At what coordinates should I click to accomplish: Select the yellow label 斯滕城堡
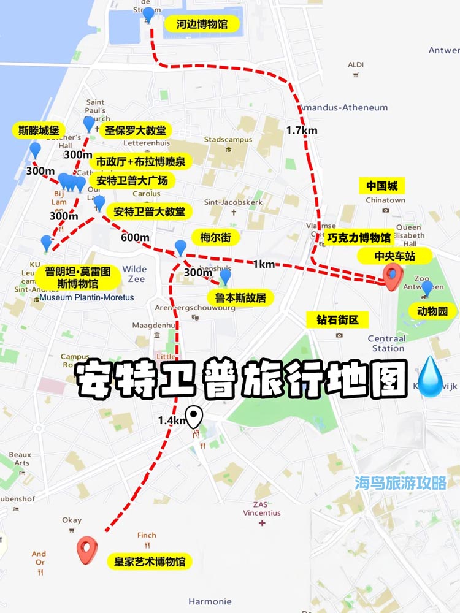[x=39, y=131]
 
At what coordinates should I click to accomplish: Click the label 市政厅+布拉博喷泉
[x=140, y=162]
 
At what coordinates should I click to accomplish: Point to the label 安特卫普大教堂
[x=150, y=212]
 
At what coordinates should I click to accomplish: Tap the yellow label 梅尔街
[x=215, y=238]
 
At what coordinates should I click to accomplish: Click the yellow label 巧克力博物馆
[x=359, y=238]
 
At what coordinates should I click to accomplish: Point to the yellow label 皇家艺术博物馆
[x=149, y=562]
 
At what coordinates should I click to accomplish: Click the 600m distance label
[x=135, y=238]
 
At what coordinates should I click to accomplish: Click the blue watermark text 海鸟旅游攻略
[x=401, y=483]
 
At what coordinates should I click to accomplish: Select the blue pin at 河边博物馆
[x=148, y=15]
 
